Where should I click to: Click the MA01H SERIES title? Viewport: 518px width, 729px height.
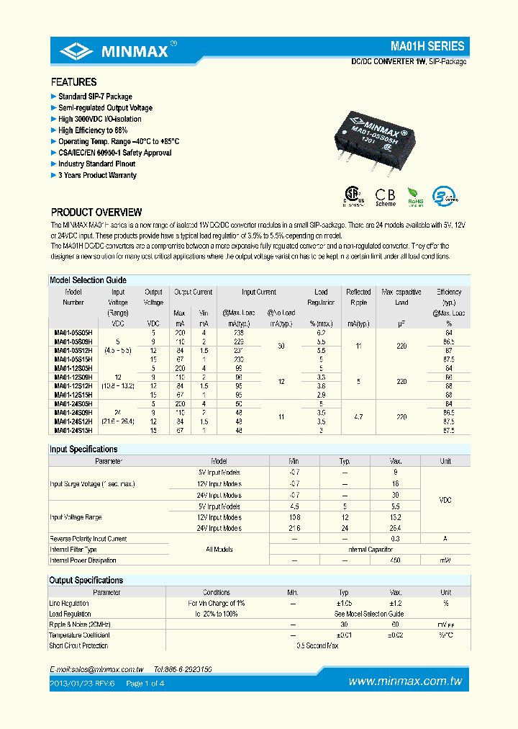point(427,45)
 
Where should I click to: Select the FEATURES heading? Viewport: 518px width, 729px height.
point(73,82)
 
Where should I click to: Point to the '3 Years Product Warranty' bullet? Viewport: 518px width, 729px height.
point(96,175)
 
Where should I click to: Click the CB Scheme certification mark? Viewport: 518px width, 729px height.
point(386,197)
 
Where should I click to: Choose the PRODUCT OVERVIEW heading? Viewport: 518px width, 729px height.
point(96,213)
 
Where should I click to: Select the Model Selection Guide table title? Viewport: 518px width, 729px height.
point(88,279)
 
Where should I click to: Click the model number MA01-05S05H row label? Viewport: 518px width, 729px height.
point(73,334)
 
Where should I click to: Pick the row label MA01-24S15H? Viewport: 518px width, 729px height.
point(73,430)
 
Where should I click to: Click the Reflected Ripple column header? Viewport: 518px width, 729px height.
point(358,297)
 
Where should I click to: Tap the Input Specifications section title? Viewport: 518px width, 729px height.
point(83,449)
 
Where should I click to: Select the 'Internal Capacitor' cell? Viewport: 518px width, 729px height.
point(370,549)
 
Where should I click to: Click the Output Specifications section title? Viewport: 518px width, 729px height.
point(86,580)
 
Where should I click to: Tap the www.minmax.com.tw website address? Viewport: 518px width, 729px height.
point(405,681)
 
